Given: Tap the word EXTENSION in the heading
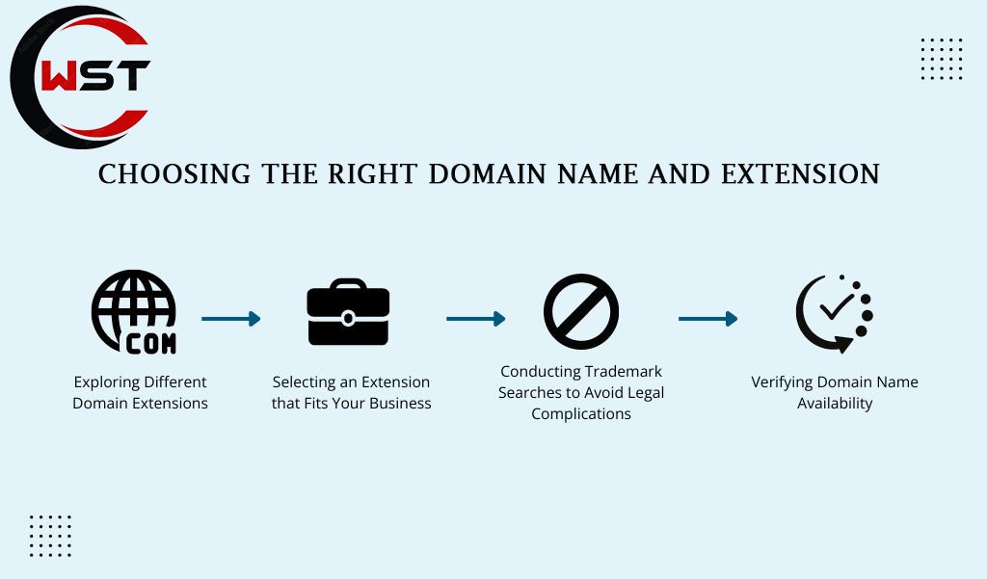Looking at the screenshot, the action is click(x=800, y=174).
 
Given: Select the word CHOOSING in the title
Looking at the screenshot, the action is click(x=174, y=174).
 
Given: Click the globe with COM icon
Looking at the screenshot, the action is click(x=133, y=312).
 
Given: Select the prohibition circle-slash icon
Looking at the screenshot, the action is click(x=581, y=311).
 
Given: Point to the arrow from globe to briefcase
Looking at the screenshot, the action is click(x=230, y=319).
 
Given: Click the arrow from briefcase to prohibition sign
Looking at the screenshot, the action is click(x=475, y=319).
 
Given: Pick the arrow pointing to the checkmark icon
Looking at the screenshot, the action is click(x=707, y=319).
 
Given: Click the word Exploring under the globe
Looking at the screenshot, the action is click(x=104, y=382).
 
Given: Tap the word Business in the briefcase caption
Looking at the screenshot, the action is click(x=400, y=403).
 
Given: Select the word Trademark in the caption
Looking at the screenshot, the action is click(x=623, y=371).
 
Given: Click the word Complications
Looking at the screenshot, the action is click(x=581, y=414).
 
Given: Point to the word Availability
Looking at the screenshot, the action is click(x=835, y=404).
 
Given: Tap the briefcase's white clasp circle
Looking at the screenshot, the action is click(x=348, y=318).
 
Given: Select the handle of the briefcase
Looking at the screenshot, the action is click(x=348, y=284).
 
